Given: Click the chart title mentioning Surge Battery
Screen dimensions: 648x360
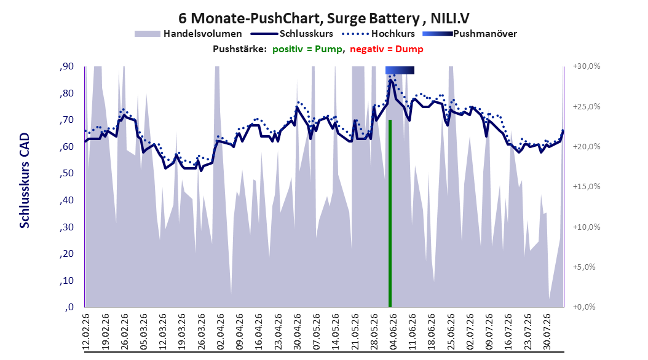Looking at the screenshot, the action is [324, 18].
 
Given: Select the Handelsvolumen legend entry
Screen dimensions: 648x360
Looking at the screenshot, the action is [189, 34].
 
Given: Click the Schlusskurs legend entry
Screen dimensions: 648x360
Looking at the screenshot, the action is [292, 34].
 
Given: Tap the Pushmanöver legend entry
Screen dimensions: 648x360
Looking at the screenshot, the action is [470, 34].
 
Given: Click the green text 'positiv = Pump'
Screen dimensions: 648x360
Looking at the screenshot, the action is [307, 49].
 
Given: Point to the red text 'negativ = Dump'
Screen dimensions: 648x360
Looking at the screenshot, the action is [387, 49].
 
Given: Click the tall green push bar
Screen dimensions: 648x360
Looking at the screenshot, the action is [390, 213].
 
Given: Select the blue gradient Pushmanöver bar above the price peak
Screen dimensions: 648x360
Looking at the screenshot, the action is [400, 70].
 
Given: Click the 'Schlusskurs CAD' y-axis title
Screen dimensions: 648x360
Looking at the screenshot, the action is [25, 181].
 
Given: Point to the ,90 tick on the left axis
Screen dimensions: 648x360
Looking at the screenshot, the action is [67, 66].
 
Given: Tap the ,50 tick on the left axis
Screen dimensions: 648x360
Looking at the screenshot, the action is [67, 173].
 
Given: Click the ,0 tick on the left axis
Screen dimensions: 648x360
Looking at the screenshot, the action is [69, 307].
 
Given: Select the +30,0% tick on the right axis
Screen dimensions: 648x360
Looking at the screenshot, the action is [587, 66].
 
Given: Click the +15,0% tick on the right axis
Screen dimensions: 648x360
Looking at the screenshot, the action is [587, 187].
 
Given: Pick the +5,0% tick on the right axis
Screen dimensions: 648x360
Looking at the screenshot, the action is [584, 267].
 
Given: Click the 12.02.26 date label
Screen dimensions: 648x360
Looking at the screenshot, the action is [86, 332].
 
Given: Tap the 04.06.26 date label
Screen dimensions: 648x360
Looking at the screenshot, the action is [393, 332].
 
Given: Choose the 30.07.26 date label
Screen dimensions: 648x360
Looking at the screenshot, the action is [547, 332].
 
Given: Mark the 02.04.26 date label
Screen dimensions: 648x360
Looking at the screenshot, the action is [220, 332].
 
